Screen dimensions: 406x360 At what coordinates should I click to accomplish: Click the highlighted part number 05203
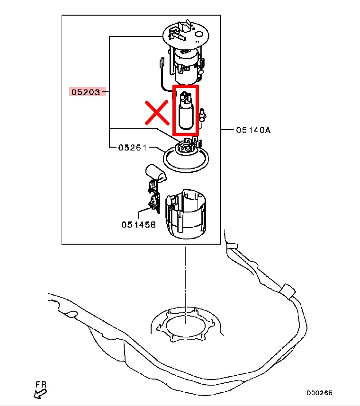[x=86, y=92]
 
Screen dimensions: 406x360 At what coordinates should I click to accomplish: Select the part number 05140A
[x=253, y=129]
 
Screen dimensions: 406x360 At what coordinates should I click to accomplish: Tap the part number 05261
[x=132, y=148]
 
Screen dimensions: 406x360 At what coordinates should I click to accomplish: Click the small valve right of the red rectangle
[x=203, y=115]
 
